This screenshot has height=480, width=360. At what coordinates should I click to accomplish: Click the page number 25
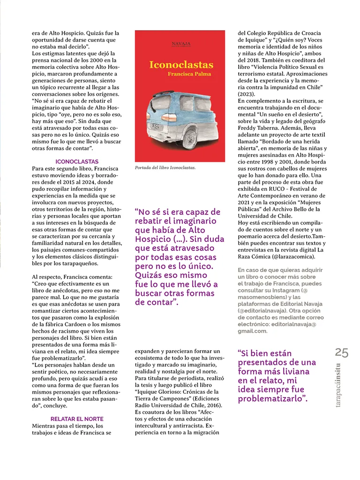(342, 352)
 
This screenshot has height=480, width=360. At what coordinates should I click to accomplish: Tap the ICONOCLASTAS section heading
(76, 162)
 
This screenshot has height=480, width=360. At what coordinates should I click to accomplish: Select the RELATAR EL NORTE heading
(77, 419)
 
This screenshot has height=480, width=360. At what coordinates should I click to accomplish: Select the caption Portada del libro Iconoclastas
(165, 167)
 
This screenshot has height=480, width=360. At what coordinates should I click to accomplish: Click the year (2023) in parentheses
(247, 94)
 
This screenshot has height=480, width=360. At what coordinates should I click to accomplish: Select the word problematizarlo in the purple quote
(270, 399)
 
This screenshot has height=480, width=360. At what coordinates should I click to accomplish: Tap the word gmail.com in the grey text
(252, 331)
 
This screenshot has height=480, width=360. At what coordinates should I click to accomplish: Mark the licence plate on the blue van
(155, 126)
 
